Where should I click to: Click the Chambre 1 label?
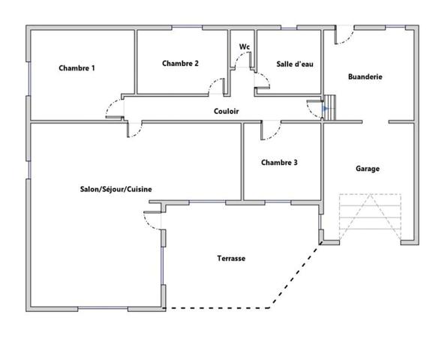coord(77,68)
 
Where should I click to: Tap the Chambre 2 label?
coord(180,63)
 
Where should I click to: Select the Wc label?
coord(244,46)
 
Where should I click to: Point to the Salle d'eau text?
coord(294,64)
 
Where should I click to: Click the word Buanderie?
coord(365,76)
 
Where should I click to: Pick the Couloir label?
coord(226,111)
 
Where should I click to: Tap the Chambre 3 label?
coord(279,163)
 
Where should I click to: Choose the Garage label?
coord(367,169)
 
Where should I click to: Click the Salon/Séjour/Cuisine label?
coord(116,189)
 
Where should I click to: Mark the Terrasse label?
coord(231,258)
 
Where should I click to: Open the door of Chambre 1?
coord(115,108)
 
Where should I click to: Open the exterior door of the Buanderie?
coord(344,34)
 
